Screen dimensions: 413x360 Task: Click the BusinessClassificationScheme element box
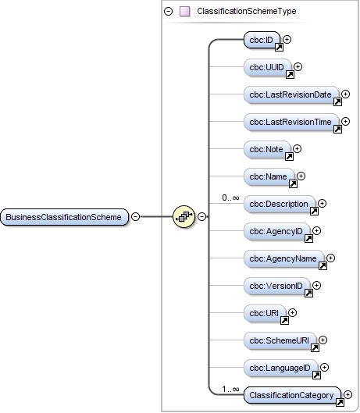(x=64, y=216)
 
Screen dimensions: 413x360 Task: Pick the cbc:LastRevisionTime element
(x=291, y=122)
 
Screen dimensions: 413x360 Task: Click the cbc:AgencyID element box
(x=277, y=231)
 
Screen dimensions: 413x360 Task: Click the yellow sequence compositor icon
(x=184, y=216)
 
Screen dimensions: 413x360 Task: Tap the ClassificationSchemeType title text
(x=246, y=12)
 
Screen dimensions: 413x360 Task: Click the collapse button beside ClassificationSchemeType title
(x=168, y=12)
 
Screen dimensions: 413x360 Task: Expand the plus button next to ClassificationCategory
(x=348, y=395)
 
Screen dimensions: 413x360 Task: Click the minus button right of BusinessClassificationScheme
(x=135, y=216)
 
